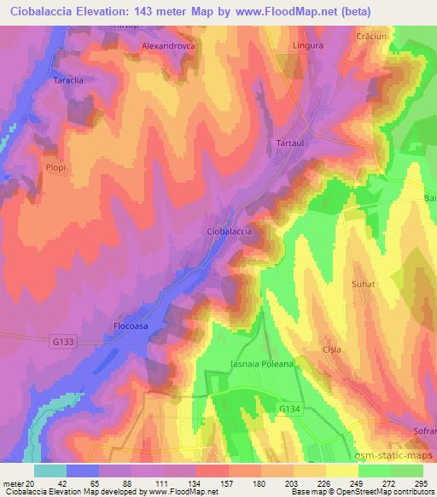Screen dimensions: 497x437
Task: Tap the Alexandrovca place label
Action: coord(168,45)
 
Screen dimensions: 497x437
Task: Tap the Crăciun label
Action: coord(372,38)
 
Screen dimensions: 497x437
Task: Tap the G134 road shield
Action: coord(293,411)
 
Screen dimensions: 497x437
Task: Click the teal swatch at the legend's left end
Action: coord(50,471)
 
